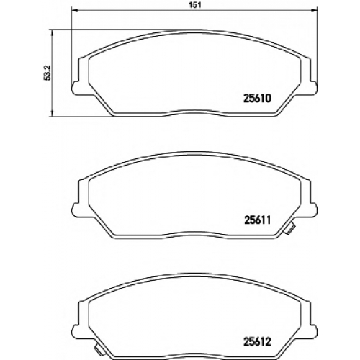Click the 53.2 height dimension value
(48, 73)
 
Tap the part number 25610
(257, 98)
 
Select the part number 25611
(257, 220)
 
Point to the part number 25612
(257, 342)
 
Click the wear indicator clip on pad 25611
(289, 228)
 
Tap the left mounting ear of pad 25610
(76, 87)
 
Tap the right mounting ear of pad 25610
(313, 87)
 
